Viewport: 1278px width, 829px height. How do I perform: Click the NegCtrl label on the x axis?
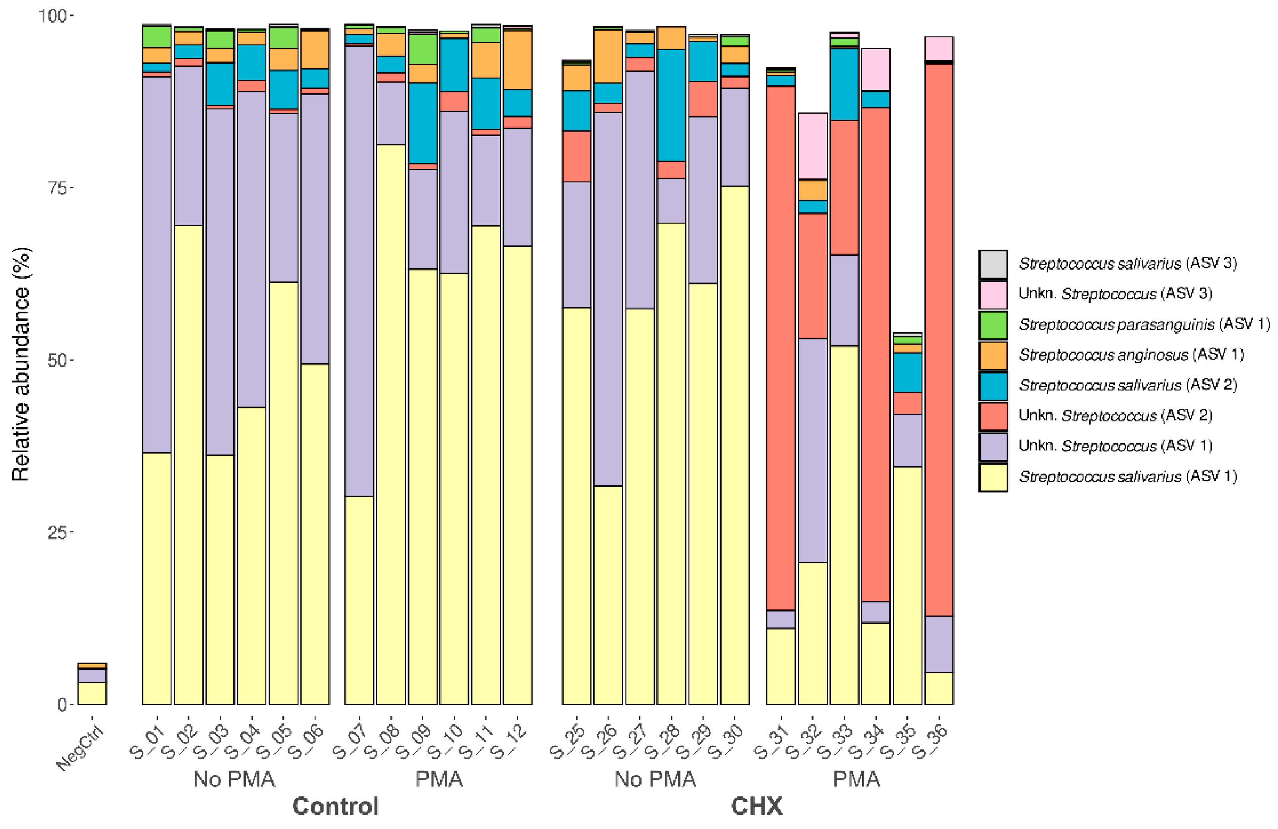point(80,749)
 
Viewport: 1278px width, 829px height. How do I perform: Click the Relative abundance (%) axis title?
point(20,364)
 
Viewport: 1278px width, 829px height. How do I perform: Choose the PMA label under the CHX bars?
point(856,779)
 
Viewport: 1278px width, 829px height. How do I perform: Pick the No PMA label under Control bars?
point(234,779)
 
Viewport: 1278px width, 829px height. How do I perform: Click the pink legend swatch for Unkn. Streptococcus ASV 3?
point(993,295)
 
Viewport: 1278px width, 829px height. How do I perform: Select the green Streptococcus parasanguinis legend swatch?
point(993,325)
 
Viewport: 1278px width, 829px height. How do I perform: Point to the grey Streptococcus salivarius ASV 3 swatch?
point(993,264)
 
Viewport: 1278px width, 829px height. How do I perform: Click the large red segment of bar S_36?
point(939,338)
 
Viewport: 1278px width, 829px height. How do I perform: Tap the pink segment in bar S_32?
point(813,146)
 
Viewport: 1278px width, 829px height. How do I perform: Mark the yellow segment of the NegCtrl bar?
point(92,693)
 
